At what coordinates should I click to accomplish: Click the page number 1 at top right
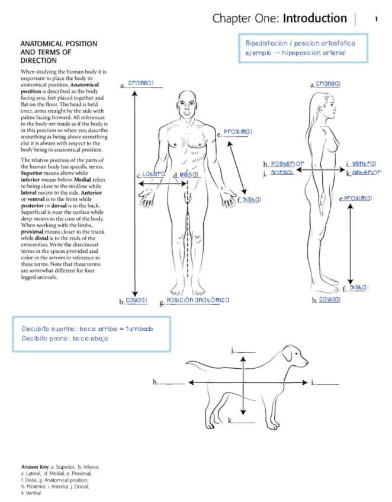(x=376, y=19)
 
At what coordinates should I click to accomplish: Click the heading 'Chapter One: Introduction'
(x=279, y=19)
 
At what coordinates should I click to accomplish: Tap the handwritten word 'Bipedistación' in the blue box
(x=266, y=43)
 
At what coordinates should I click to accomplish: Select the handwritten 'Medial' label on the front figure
(x=189, y=175)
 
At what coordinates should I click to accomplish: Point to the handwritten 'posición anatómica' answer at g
(x=198, y=300)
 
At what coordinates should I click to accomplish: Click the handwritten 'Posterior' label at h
(x=287, y=163)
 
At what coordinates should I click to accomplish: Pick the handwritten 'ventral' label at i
(x=364, y=163)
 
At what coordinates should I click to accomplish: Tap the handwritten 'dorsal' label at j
(x=282, y=172)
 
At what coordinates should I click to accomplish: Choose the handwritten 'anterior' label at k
(x=367, y=173)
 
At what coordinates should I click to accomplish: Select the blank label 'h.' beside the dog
(x=156, y=382)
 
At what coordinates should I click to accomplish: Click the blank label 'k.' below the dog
(x=231, y=421)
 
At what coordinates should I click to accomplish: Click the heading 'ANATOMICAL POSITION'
(x=59, y=44)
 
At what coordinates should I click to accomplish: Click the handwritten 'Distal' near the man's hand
(x=252, y=200)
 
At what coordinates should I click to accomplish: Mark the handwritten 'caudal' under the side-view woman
(x=329, y=300)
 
